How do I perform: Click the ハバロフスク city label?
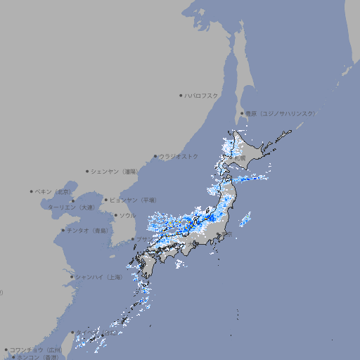[202, 95]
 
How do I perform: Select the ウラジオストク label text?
[179, 156]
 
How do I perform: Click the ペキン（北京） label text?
[53, 191]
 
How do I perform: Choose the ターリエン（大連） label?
[70, 207]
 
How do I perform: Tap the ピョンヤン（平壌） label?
[134, 200]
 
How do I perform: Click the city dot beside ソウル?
[115, 215]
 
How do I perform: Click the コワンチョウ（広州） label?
[35, 349]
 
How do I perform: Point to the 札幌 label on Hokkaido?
[240, 158]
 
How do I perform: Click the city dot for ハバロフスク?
[181, 95]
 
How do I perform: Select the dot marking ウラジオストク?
[155, 156]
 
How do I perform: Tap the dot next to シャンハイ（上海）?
[71, 277]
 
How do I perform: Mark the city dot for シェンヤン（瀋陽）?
[87, 171]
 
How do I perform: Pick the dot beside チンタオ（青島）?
[63, 230]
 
